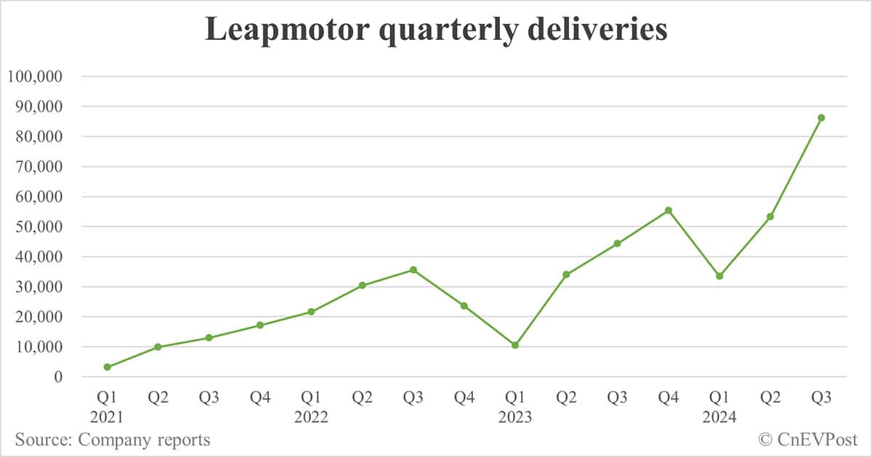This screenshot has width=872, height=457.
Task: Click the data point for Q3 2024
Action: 821,118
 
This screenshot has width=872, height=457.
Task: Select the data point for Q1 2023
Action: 515,345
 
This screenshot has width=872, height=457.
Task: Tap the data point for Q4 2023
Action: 668,211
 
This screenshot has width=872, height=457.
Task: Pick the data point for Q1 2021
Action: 108,367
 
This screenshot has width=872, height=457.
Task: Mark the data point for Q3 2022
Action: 413,270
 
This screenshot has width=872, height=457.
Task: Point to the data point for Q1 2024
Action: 719,276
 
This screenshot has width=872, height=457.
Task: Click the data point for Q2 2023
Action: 566,275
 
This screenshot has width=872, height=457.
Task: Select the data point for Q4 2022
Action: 464,306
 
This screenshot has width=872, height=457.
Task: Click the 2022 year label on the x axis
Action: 311,418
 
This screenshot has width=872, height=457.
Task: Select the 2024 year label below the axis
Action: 719,418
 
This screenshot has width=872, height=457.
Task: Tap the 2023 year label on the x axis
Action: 515,418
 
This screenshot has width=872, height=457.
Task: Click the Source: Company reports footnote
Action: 113,440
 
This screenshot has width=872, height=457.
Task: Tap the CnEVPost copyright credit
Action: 807,440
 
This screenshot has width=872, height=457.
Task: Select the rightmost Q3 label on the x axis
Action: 821,397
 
